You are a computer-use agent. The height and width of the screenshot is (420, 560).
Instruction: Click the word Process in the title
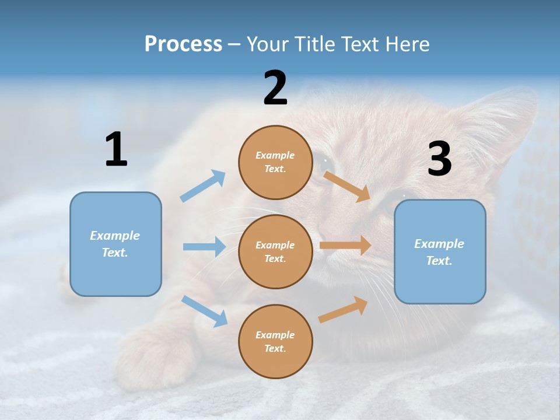coord(183,44)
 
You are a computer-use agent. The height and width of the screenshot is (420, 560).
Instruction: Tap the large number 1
coord(116,150)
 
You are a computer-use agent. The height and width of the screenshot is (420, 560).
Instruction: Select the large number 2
coord(275,89)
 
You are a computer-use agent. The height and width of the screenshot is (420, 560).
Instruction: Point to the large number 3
coord(439,159)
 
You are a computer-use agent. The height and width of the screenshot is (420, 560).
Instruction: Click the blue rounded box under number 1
coord(116,244)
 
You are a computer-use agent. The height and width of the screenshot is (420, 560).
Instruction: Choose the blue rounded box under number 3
coord(440,251)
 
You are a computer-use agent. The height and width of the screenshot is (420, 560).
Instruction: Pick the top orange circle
coord(275,162)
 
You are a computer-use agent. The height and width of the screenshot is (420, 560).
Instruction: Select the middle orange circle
coord(275,251)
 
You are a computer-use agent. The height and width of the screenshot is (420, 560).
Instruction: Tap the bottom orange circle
coord(275,341)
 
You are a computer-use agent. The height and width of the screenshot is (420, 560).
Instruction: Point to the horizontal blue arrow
coord(204,247)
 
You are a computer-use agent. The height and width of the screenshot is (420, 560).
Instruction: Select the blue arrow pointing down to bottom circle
coord(204,310)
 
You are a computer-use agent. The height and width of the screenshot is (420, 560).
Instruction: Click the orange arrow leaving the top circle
coord(347,186)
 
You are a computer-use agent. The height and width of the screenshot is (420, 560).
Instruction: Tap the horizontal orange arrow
coord(345,246)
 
